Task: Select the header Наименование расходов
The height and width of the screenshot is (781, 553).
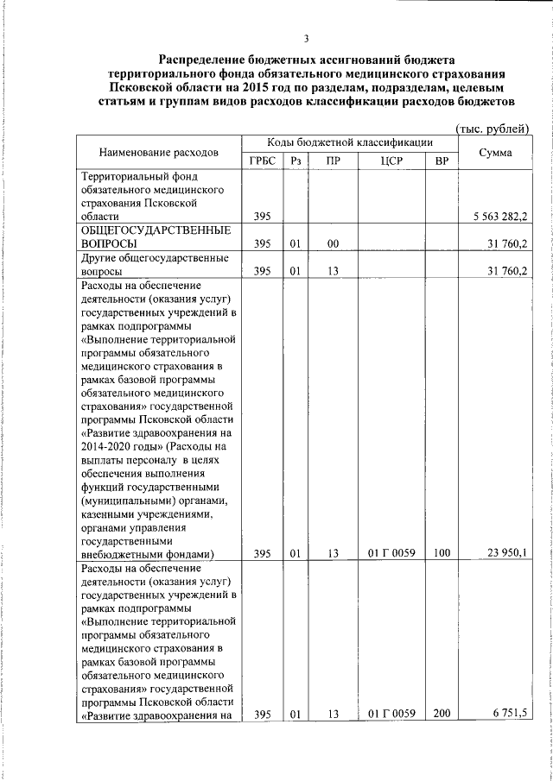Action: (158, 153)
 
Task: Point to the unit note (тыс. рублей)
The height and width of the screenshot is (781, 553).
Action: (492, 129)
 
